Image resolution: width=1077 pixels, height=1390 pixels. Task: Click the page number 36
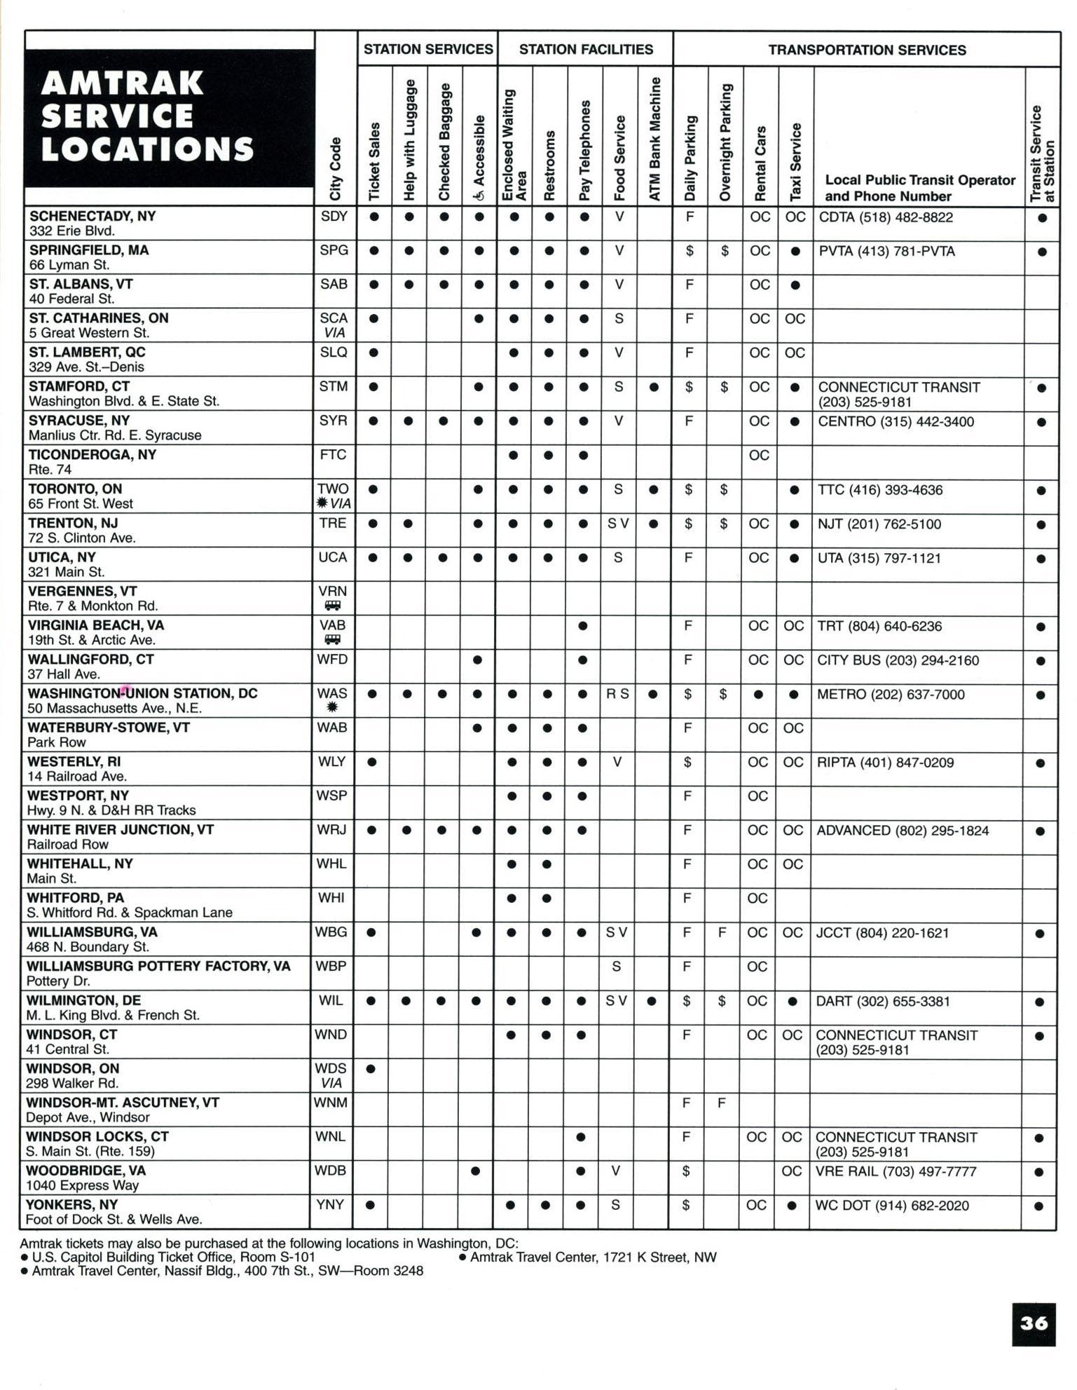[x=1034, y=1323]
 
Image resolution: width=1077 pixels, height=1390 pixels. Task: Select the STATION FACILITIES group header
[x=585, y=49]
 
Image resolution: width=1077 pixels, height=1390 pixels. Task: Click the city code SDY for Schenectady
[x=334, y=217]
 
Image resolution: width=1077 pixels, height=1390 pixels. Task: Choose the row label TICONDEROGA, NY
[x=92, y=454]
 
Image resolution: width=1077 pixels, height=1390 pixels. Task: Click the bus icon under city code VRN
[x=332, y=606]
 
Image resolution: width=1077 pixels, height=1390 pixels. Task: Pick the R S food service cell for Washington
[x=617, y=694]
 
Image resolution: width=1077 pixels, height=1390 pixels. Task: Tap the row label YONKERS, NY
[x=71, y=1204]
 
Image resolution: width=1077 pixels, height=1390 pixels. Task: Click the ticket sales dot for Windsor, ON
[x=371, y=1069]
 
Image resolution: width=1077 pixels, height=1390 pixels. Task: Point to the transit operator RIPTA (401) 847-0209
[x=885, y=763]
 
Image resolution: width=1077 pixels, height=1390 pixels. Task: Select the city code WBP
[x=331, y=967]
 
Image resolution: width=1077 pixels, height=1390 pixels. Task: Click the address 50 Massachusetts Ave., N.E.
[x=114, y=708]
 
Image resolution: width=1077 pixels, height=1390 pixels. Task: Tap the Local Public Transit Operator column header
[x=919, y=188]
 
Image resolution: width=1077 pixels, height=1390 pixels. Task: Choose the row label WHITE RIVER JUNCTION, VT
[x=120, y=829]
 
